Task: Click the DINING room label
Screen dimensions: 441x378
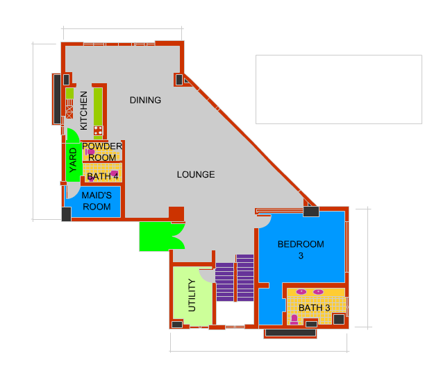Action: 145,100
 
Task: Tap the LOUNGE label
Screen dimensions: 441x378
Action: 196,174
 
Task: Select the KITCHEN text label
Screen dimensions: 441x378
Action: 84,110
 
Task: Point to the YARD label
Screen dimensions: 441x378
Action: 73,160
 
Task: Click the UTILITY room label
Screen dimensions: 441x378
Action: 192,295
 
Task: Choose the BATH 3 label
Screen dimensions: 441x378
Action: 314,308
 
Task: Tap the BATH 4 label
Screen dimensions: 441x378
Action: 103,176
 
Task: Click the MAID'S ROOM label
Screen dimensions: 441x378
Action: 97,201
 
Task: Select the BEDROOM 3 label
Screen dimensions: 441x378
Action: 301,250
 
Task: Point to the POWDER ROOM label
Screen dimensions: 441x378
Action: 102,152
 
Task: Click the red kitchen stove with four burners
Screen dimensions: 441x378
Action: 98,130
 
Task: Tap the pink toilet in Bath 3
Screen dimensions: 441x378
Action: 294,320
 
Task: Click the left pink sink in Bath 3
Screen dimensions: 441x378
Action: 301,292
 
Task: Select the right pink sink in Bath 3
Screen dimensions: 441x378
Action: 318,292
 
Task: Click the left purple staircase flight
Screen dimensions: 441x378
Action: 224,282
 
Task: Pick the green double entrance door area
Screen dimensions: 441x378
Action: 162,237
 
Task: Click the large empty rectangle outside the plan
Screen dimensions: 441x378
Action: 339,89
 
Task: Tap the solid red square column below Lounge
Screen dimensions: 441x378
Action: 176,214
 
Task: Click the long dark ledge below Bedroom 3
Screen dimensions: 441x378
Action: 290,333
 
